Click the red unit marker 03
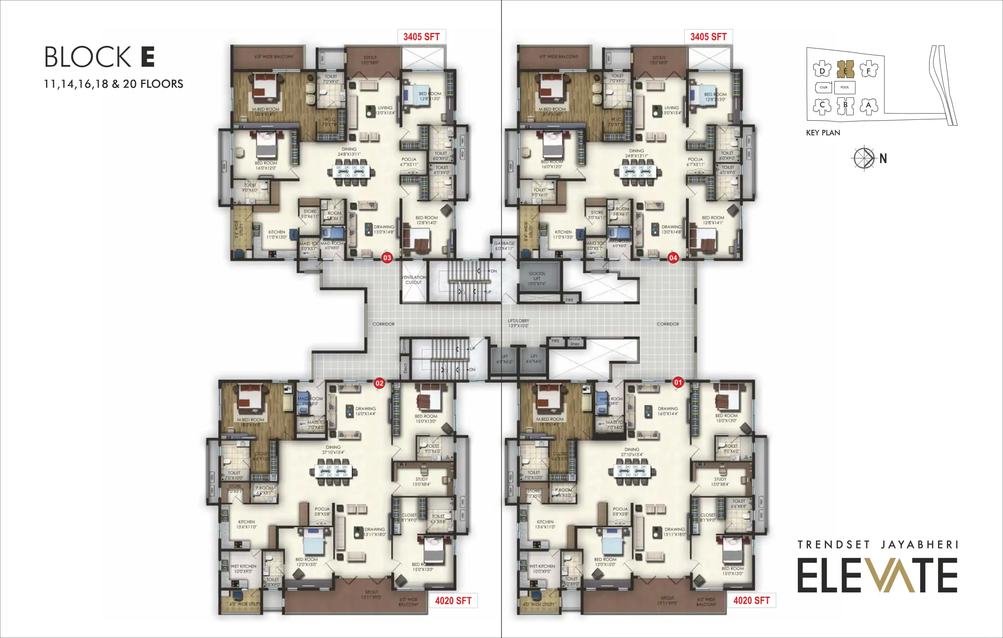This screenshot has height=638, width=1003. [387, 257]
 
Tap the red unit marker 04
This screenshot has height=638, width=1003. [673, 257]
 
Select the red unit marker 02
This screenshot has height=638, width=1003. [380, 383]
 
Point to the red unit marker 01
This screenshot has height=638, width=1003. [678, 383]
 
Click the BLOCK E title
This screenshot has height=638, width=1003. [100, 57]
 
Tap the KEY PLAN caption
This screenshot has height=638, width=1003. [823, 133]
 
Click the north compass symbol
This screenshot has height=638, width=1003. [864, 158]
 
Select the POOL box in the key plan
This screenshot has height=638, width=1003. [845, 87]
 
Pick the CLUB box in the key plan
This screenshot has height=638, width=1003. [824, 87]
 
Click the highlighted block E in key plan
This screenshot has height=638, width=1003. [846, 69]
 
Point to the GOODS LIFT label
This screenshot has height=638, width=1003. [537, 278]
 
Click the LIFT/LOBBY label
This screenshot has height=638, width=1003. [518, 323]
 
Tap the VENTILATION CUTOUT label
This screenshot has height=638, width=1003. [414, 280]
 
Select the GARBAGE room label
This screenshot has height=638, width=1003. [504, 246]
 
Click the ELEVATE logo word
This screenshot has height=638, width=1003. [877, 576]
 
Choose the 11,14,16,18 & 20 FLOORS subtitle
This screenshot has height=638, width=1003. [114, 84]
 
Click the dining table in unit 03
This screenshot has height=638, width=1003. [352, 172]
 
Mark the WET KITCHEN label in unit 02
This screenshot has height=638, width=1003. [244, 568]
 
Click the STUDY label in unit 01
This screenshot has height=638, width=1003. [720, 481]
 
